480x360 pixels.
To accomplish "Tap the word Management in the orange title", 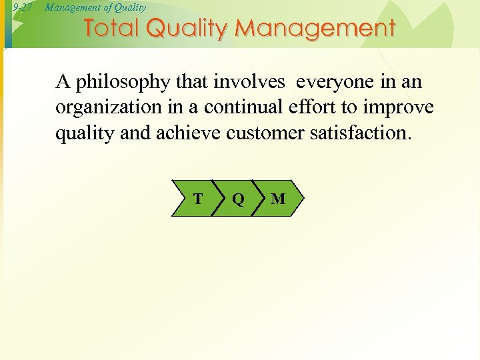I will click(316, 29).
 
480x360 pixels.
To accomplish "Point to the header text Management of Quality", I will click(95, 7).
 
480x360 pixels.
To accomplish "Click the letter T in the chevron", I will click(198, 198).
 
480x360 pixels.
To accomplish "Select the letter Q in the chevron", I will click(238, 199).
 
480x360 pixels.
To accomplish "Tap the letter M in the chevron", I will click(279, 199).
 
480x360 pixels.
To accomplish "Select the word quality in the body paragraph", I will click(80, 133).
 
